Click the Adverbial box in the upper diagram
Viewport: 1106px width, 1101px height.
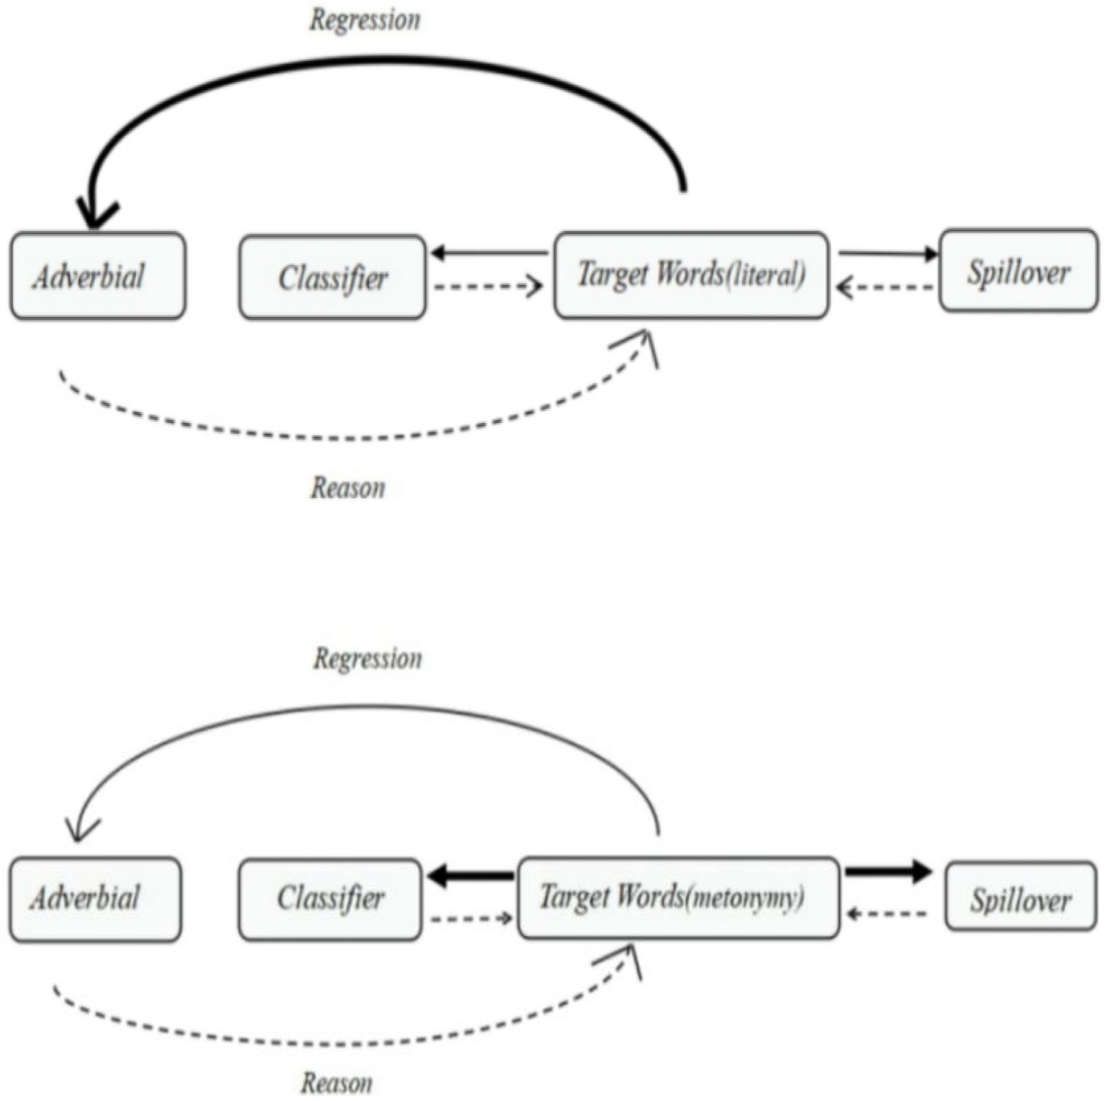[98, 276]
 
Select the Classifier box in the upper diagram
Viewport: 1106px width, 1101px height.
[332, 277]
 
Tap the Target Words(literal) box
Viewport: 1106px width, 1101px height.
[691, 275]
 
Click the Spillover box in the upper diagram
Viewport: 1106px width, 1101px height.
[1018, 272]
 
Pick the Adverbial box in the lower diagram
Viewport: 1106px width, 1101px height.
[95, 899]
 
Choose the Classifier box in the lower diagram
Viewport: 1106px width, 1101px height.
[330, 899]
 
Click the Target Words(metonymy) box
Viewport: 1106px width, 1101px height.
[678, 897]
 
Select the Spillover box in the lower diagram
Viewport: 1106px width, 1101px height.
[1020, 897]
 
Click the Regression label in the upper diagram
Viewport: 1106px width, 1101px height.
[365, 20]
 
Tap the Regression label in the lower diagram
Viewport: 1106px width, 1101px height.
[367, 659]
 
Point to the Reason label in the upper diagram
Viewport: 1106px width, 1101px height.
[348, 488]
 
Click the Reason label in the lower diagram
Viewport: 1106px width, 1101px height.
[336, 1083]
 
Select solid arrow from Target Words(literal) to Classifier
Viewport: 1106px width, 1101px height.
[490, 254]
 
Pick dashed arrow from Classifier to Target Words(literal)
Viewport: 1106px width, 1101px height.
[488, 287]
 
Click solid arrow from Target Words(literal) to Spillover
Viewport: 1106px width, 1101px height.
[888, 254]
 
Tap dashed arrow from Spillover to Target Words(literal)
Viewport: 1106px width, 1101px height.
[886, 288]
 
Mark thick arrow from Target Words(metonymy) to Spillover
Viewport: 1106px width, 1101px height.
[888, 871]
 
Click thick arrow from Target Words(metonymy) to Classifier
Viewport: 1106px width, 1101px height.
[471, 877]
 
